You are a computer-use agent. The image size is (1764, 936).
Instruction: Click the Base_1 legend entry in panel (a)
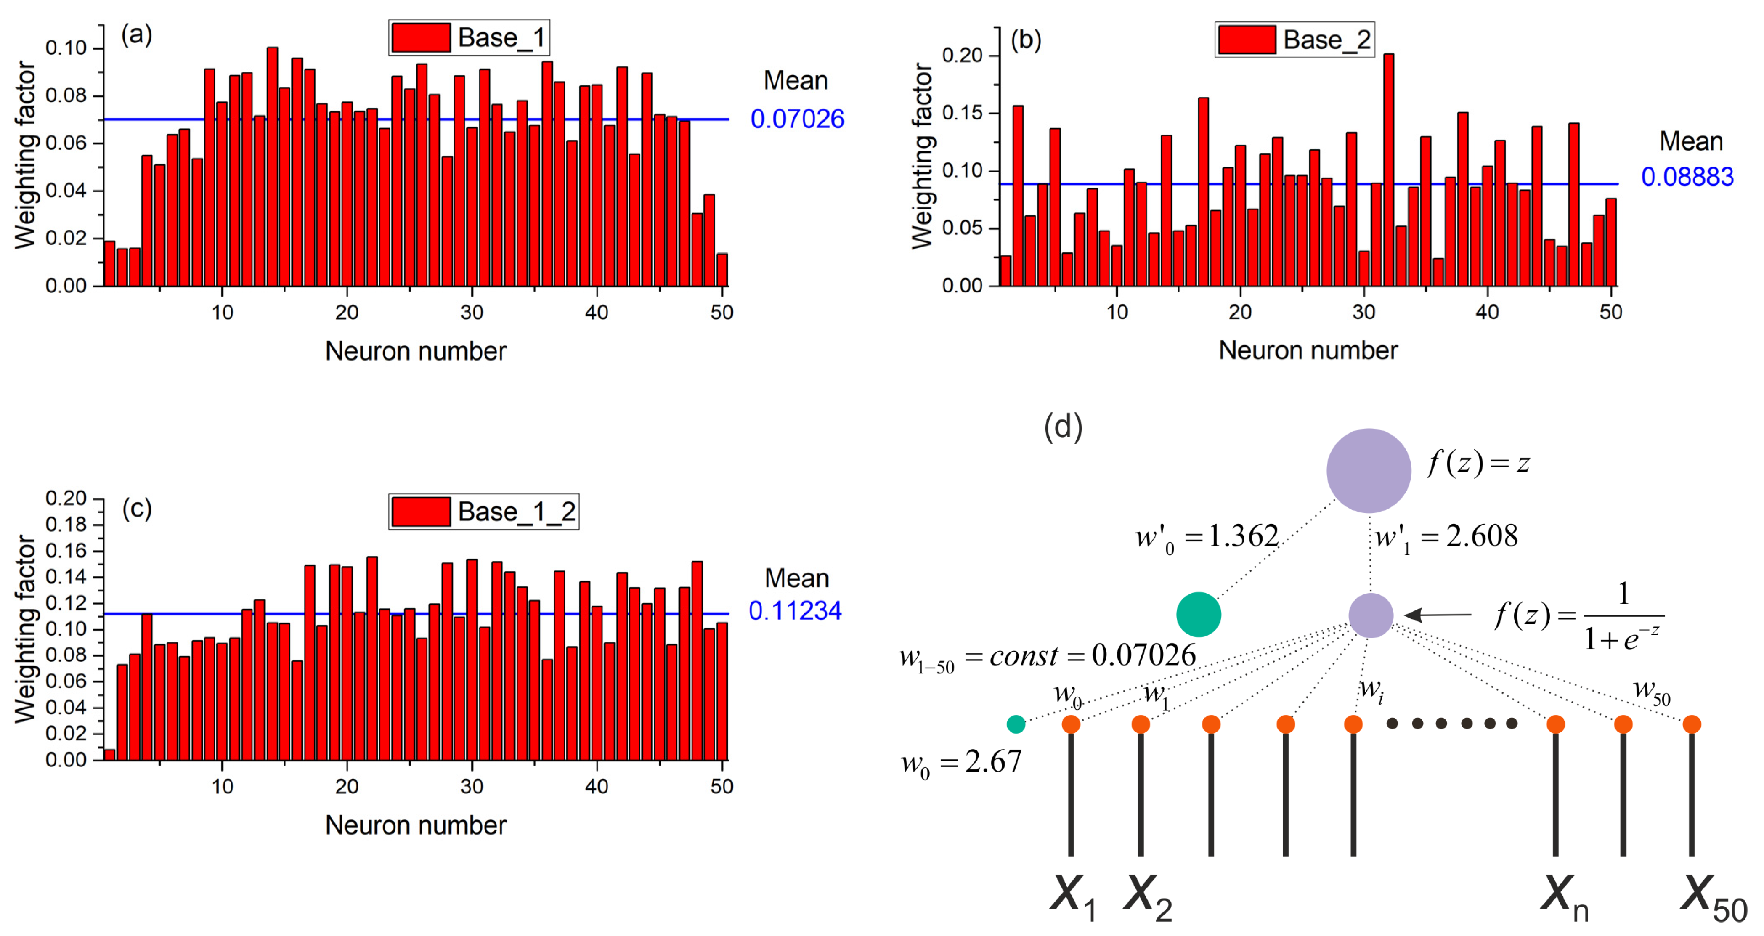point(469,38)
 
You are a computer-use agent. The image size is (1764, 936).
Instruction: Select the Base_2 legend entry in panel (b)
point(1294,40)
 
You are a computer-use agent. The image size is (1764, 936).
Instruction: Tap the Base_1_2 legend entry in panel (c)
point(483,512)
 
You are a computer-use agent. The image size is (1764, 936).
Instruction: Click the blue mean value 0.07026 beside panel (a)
point(797,119)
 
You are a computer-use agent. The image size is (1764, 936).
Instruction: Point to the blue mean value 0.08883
point(1687,177)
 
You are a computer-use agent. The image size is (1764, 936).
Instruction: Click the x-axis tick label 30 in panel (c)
point(472,786)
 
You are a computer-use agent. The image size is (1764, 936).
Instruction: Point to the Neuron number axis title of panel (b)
point(1308,350)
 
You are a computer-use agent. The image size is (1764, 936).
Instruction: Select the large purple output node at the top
point(1368,470)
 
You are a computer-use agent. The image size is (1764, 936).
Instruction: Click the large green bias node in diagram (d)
point(1199,614)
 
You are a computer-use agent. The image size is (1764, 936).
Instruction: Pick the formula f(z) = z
point(1478,464)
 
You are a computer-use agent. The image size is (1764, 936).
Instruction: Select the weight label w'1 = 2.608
point(1446,536)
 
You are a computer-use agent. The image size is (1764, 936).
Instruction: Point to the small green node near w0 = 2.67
point(1016,724)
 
